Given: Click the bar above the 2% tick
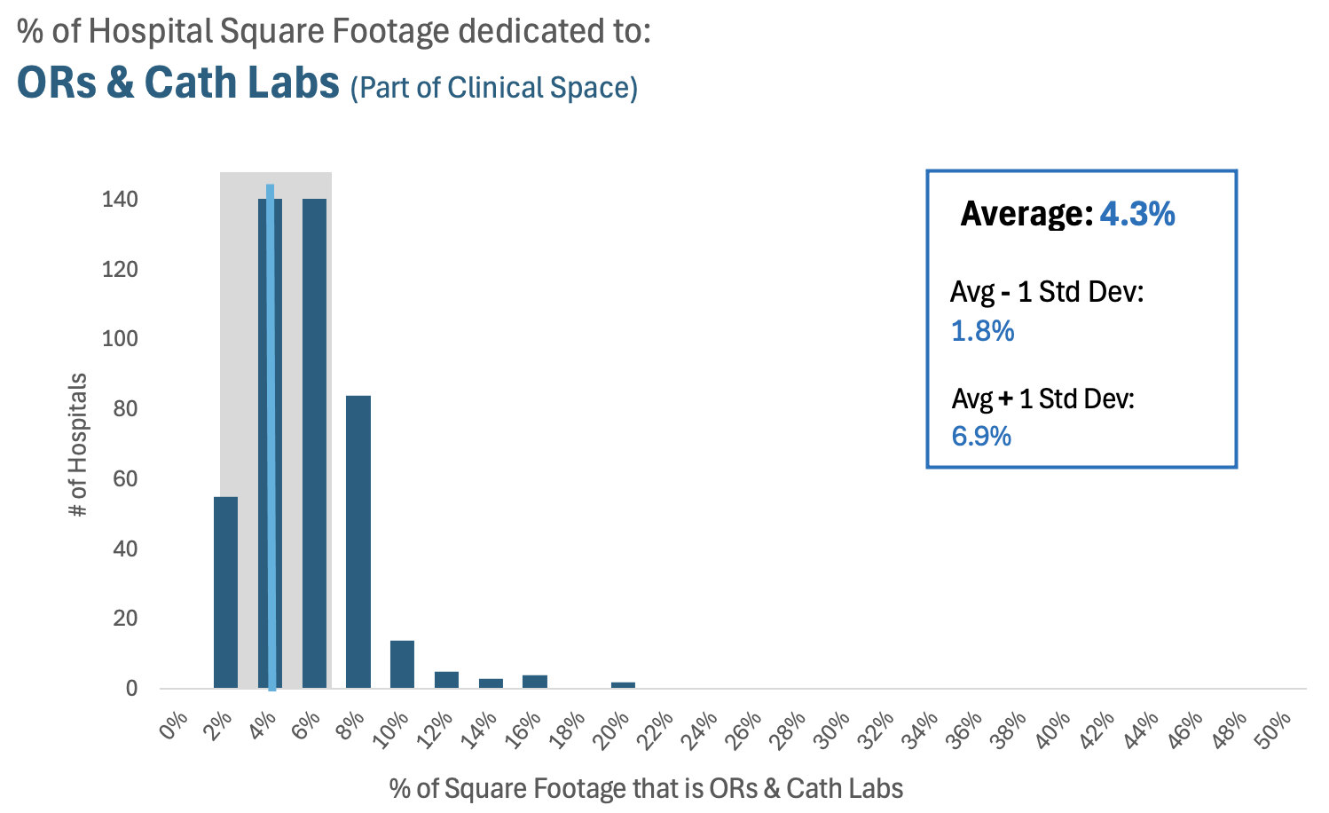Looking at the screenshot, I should pos(225,591).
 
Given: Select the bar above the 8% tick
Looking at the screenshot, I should pos(358,541).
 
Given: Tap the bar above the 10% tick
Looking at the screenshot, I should pos(402,664).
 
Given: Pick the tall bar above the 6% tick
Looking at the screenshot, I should pos(314,444).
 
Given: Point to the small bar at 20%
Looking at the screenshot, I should pos(623,684).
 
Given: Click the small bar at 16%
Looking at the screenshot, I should pos(534,682).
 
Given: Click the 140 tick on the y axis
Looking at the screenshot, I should pos(120,200).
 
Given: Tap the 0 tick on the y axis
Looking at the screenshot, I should pos(131,689).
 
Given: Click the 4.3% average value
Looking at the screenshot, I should pos(1137,214).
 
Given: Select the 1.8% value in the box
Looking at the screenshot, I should pos(982,331).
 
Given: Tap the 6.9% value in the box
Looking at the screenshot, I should pos(981,436).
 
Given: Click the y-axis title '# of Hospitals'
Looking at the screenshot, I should pos(78,445).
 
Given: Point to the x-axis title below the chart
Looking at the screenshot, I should pos(646,788).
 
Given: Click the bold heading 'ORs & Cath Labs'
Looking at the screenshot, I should pos(178,83).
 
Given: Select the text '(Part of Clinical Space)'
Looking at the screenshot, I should pos(494,87).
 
